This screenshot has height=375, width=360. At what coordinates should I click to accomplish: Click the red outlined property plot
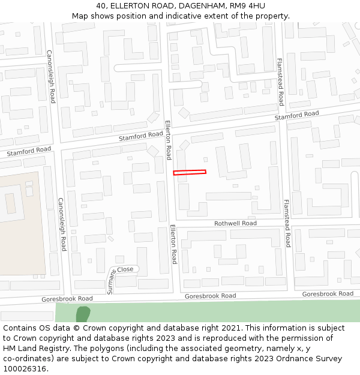point(190,173)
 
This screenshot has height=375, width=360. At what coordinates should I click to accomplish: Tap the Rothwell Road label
point(235,223)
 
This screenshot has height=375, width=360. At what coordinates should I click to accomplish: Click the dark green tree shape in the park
point(83,314)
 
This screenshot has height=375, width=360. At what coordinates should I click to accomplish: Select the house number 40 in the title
point(101,6)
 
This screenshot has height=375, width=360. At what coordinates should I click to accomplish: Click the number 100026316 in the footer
point(25,369)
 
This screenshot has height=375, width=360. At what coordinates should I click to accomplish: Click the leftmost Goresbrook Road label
point(67,298)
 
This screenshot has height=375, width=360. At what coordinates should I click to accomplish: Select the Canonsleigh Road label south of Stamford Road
point(62,224)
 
